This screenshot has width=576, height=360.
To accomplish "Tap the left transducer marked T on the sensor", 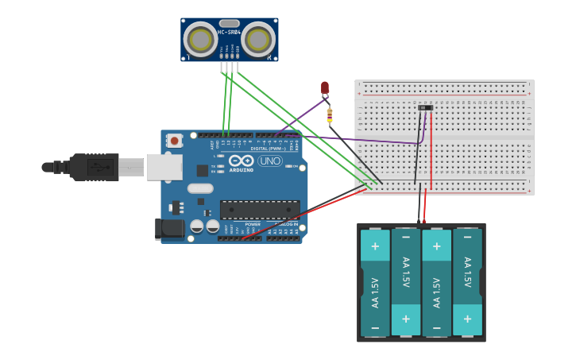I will tap(200, 40).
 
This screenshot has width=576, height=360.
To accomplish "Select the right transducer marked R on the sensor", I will tap(258, 40).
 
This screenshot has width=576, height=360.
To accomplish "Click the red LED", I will tap(324, 87).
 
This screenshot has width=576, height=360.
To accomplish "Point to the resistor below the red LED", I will tap(330, 115).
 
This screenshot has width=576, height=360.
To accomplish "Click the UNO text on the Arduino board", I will tap(270, 161).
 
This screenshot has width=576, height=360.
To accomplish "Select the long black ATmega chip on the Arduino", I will tap(260, 210).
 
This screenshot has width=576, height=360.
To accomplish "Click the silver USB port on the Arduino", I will tap(164, 167).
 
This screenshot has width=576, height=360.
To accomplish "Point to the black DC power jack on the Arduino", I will tap(169, 229).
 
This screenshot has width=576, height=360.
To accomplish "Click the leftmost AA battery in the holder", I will tap(375, 282).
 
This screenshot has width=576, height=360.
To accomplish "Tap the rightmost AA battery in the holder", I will tap(467, 282).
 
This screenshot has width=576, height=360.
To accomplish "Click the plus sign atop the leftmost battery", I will tap(375, 246).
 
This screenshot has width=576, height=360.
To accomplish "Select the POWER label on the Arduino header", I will tap(252, 224).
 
